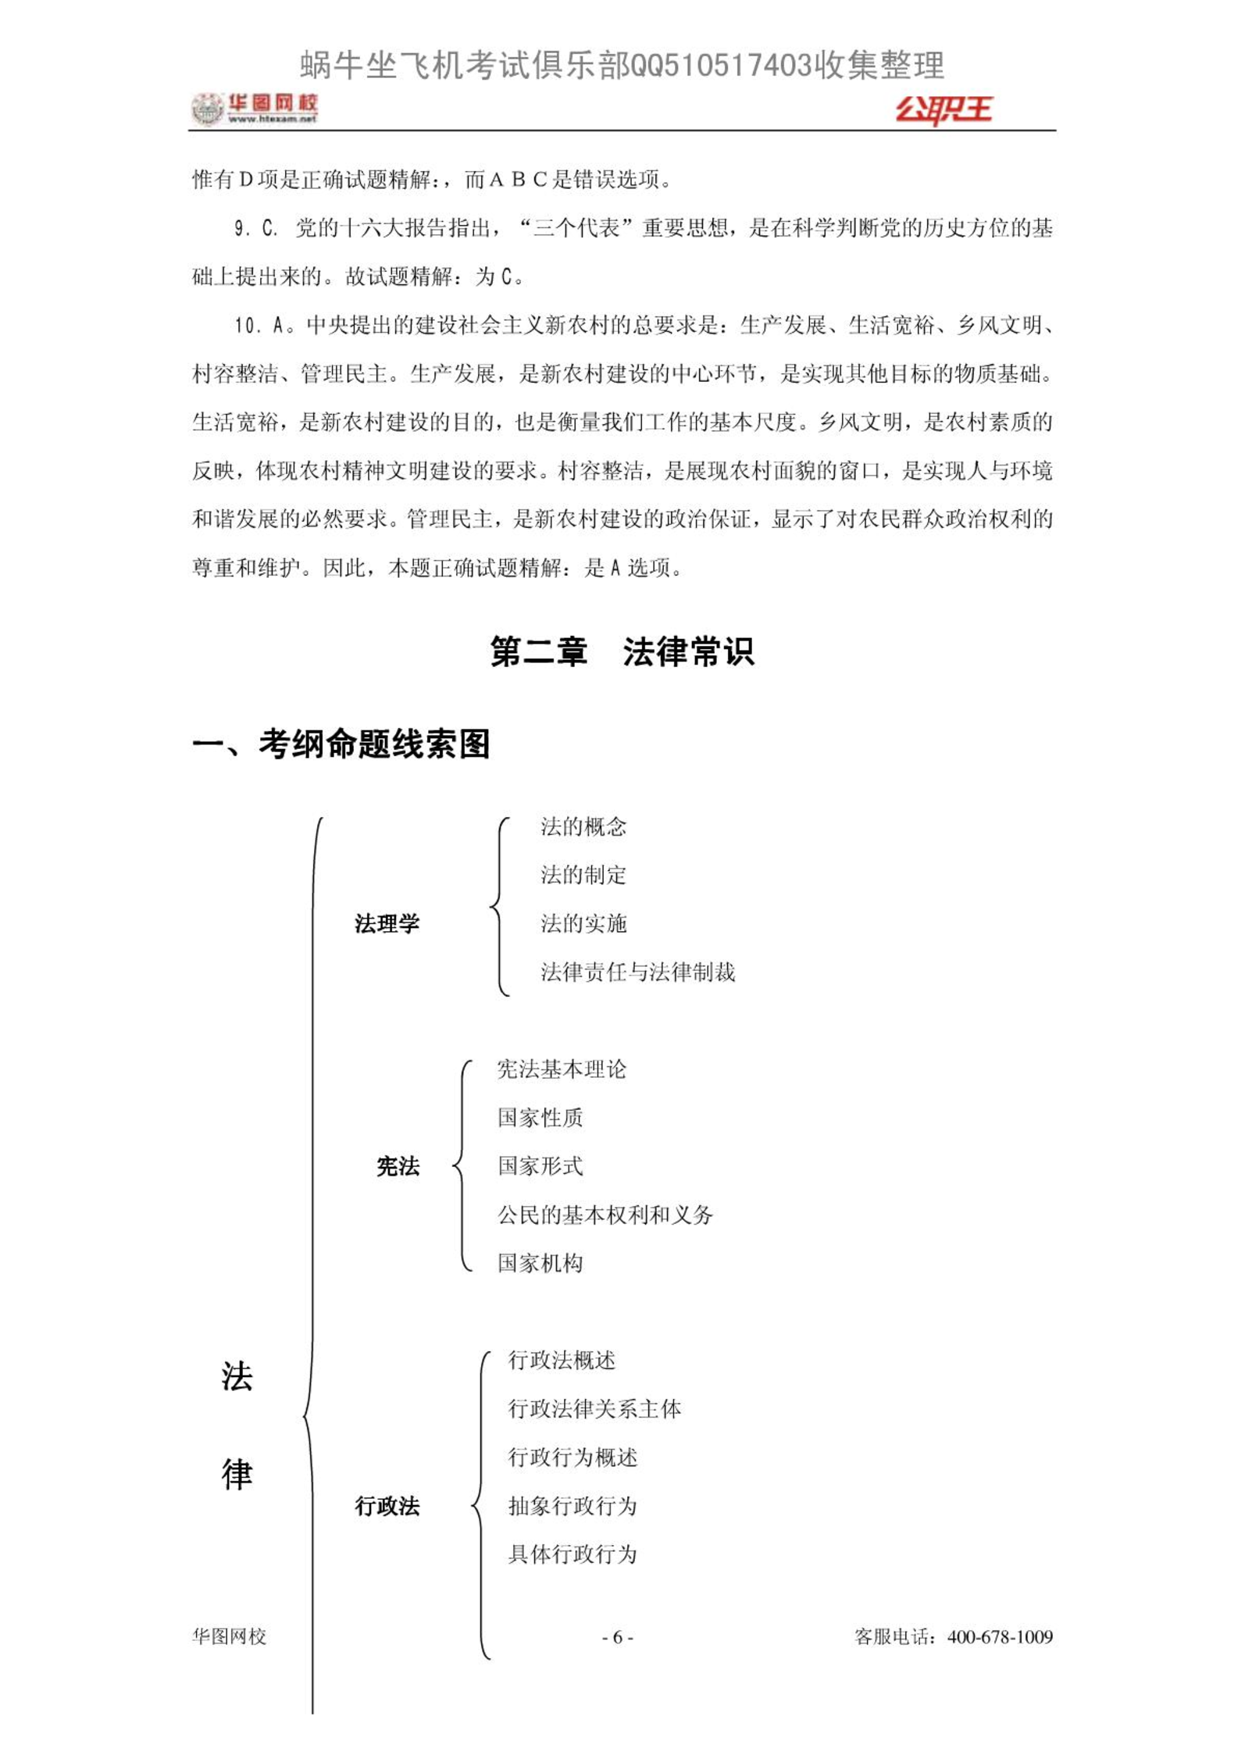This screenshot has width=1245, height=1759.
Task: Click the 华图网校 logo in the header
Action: pos(255,109)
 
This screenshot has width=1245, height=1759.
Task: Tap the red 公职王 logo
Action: pos(943,109)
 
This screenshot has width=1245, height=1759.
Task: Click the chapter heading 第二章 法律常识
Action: pos(622,651)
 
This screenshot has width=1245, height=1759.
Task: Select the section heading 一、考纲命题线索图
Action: pos(341,743)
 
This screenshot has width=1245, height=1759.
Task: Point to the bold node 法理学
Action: pos(387,923)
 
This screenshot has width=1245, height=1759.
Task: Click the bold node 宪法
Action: pos(398,1166)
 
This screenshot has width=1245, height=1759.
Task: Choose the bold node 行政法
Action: pos(387,1505)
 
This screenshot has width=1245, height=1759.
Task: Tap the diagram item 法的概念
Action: pos(583,826)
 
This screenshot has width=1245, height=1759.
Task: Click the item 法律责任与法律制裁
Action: pos(637,972)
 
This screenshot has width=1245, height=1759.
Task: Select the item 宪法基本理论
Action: pos(561,1069)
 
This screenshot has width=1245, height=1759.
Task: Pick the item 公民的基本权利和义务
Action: pos(605,1215)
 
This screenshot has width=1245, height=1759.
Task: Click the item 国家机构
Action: pos(540,1263)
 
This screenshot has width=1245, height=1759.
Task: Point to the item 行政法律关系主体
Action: pos(594,1408)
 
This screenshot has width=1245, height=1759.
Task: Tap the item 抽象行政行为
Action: pos(572,1505)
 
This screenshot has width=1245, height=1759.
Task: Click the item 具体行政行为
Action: pos(572,1554)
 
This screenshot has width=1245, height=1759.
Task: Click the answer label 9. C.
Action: pos(255,229)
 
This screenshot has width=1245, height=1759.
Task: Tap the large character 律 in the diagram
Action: pos(237,1474)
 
